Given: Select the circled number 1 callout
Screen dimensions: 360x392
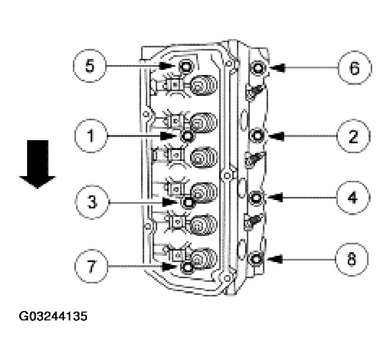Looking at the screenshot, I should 90,136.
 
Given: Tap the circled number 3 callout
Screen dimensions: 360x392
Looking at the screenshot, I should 92,202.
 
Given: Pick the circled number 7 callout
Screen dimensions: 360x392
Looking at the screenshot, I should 90,266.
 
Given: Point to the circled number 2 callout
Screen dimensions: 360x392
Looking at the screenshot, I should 352,136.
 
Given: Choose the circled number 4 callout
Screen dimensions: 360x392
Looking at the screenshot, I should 352,197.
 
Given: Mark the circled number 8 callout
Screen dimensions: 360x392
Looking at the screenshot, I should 352,259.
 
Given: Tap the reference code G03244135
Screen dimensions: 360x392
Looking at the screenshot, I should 53,316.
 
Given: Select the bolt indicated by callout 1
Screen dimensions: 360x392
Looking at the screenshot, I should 187,136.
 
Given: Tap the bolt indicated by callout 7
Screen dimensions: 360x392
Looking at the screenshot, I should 187,267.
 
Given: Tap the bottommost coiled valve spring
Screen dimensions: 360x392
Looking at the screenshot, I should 204,257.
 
